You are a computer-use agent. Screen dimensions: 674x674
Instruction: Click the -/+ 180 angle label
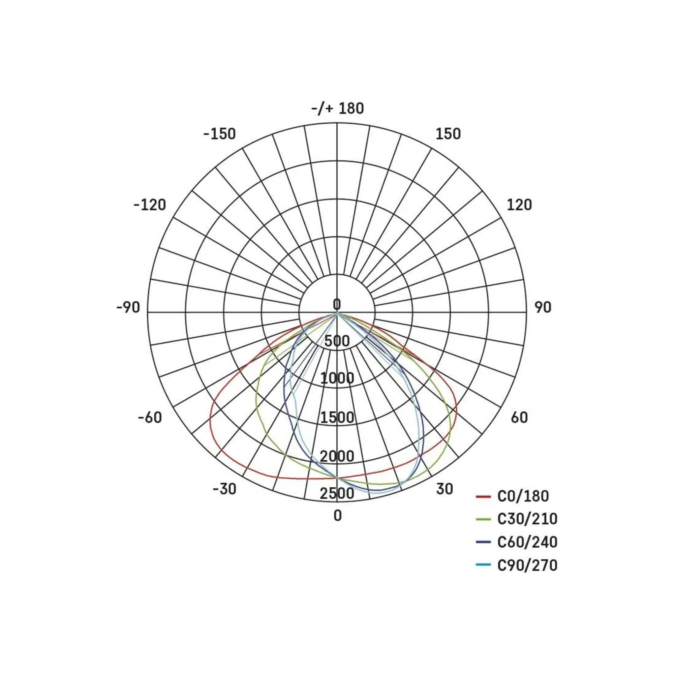337,109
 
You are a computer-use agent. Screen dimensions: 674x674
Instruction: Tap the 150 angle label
448,134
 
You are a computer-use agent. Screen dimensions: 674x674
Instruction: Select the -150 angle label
219,134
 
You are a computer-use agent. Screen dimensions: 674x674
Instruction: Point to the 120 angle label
519,205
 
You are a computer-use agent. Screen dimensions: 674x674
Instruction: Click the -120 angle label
150,205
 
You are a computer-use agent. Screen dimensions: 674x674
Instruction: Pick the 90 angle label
543,307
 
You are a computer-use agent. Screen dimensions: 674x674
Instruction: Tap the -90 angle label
128,307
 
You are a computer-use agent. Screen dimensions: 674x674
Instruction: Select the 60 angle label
519,417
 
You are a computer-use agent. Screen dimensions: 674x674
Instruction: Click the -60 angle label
150,417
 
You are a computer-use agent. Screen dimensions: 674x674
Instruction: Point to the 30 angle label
445,489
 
